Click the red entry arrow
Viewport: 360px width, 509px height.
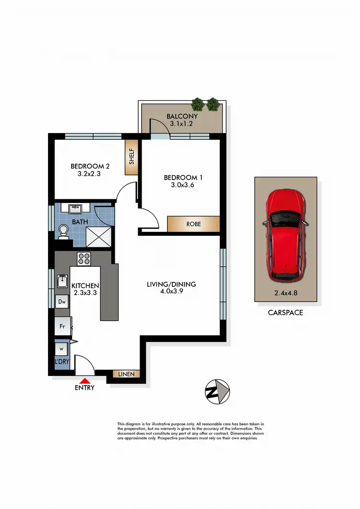(x=84, y=381)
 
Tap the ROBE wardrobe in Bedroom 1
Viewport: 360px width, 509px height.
(x=193, y=224)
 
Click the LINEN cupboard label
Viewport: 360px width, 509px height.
(x=126, y=374)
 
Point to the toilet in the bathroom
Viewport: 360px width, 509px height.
(x=63, y=232)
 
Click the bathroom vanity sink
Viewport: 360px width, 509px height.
(x=75, y=209)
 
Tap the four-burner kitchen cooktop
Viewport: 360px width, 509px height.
(x=84, y=259)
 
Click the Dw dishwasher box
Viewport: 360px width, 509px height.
(x=62, y=302)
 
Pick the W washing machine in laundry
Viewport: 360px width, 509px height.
(x=61, y=349)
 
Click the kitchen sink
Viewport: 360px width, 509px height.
(x=62, y=280)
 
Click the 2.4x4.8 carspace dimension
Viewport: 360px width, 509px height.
(x=286, y=292)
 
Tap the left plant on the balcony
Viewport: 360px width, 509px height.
(x=197, y=104)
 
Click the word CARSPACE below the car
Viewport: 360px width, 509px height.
(x=286, y=313)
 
